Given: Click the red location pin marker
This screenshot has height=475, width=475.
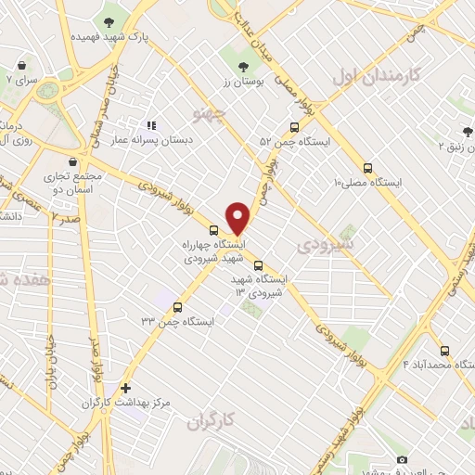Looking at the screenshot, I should (x=237, y=217).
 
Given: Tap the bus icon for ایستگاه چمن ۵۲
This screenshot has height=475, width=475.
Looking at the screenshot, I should (x=294, y=128).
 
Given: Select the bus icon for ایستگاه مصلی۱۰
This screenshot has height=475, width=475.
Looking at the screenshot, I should (x=368, y=169).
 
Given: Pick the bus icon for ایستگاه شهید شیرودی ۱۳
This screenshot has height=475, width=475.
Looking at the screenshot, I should (x=258, y=264).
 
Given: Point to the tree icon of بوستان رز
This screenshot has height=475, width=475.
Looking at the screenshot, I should (x=244, y=66).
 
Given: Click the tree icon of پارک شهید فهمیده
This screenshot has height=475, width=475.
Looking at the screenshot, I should (x=110, y=20).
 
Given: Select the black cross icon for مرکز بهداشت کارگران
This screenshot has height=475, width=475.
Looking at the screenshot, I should (x=125, y=388).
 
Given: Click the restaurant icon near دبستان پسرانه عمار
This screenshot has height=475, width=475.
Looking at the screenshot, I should (x=149, y=125).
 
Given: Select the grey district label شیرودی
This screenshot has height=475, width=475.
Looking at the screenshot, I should (x=322, y=247).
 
